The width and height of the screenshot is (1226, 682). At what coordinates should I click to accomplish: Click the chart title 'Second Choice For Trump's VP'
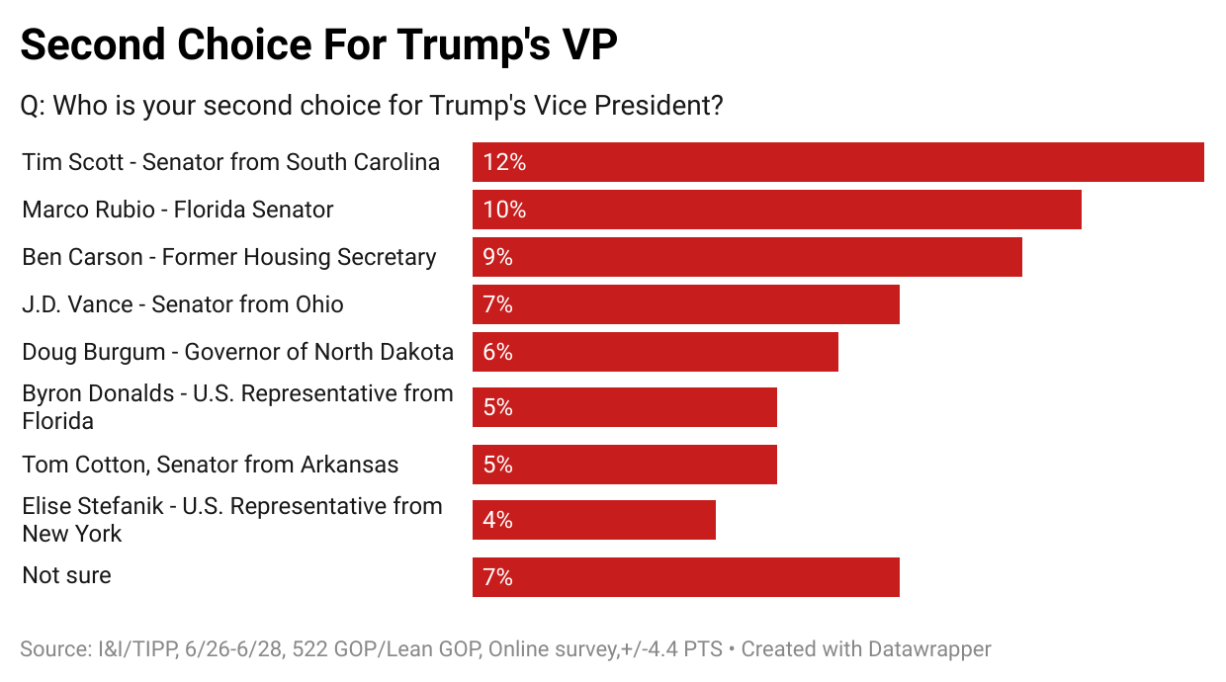[x=319, y=45]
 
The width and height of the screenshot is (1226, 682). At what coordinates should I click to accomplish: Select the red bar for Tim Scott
[x=837, y=162]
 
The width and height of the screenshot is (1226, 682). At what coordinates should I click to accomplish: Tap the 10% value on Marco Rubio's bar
[x=504, y=210]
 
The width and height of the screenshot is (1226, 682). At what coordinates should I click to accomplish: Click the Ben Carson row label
[x=229, y=257]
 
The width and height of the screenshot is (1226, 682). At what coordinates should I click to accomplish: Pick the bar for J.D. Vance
[x=685, y=304]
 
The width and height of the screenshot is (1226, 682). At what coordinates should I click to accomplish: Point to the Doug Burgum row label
[x=237, y=352]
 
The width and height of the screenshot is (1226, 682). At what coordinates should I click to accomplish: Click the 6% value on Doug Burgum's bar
[x=498, y=352]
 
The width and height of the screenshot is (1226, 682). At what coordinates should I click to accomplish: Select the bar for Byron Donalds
[x=624, y=407]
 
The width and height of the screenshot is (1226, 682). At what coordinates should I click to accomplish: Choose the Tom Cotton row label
[x=211, y=465]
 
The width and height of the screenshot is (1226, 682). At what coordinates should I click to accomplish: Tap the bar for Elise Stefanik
[x=593, y=520]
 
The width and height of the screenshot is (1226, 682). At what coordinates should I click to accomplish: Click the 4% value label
[x=498, y=520]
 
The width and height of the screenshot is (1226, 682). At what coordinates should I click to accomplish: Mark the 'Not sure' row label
[x=66, y=575]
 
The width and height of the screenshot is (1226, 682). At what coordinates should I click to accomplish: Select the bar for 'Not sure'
[x=685, y=577]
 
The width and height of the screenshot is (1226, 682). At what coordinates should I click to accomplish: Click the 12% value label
[x=504, y=162]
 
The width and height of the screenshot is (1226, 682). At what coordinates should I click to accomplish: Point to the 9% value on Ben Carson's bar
[x=498, y=257]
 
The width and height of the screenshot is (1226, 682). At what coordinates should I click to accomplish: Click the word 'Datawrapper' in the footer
[x=929, y=649]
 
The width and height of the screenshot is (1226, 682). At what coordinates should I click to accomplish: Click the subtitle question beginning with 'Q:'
[x=372, y=105]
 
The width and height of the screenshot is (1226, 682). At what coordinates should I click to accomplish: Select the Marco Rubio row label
[x=178, y=210]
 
